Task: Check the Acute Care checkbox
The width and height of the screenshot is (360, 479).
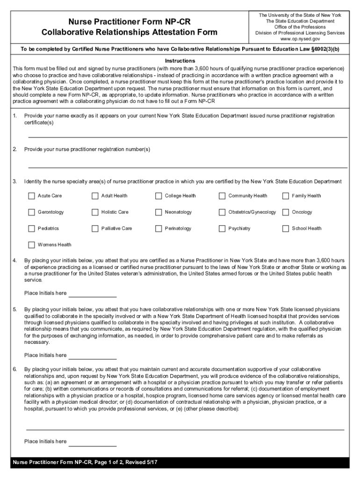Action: click(x=31, y=196)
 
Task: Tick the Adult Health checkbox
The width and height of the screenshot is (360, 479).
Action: click(x=95, y=196)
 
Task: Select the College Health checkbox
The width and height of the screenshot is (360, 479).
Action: click(x=158, y=196)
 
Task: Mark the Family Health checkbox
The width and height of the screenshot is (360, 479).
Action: click(x=286, y=196)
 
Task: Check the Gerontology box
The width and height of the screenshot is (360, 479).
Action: click(x=31, y=212)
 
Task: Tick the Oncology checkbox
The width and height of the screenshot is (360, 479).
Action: click(x=286, y=212)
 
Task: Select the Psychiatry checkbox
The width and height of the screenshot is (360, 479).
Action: click(x=222, y=229)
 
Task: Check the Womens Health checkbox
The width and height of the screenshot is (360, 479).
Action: click(x=31, y=245)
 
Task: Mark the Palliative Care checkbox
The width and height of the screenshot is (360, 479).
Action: click(x=95, y=229)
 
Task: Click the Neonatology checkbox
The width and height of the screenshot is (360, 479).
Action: click(x=158, y=212)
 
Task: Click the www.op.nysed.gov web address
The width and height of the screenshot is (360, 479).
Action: click(x=300, y=39)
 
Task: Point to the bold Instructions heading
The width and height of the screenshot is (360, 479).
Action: click(x=180, y=61)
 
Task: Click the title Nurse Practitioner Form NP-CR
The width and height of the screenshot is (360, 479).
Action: click(x=130, y=22)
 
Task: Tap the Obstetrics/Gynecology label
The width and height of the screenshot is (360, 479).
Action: click(x=252, y=212)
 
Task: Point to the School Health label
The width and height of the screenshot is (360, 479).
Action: click(x=307, y=229)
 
